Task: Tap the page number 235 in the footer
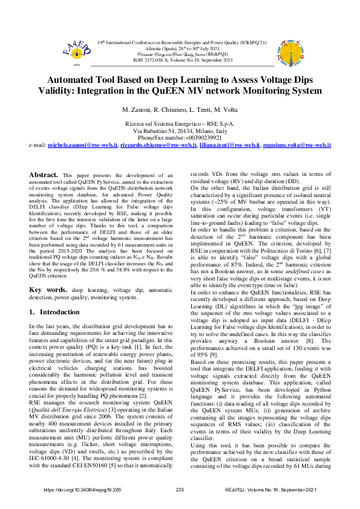point(180,489)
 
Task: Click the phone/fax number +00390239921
point(180,138)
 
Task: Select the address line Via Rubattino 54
point(180,131)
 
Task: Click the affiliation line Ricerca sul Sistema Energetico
point(180,123)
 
